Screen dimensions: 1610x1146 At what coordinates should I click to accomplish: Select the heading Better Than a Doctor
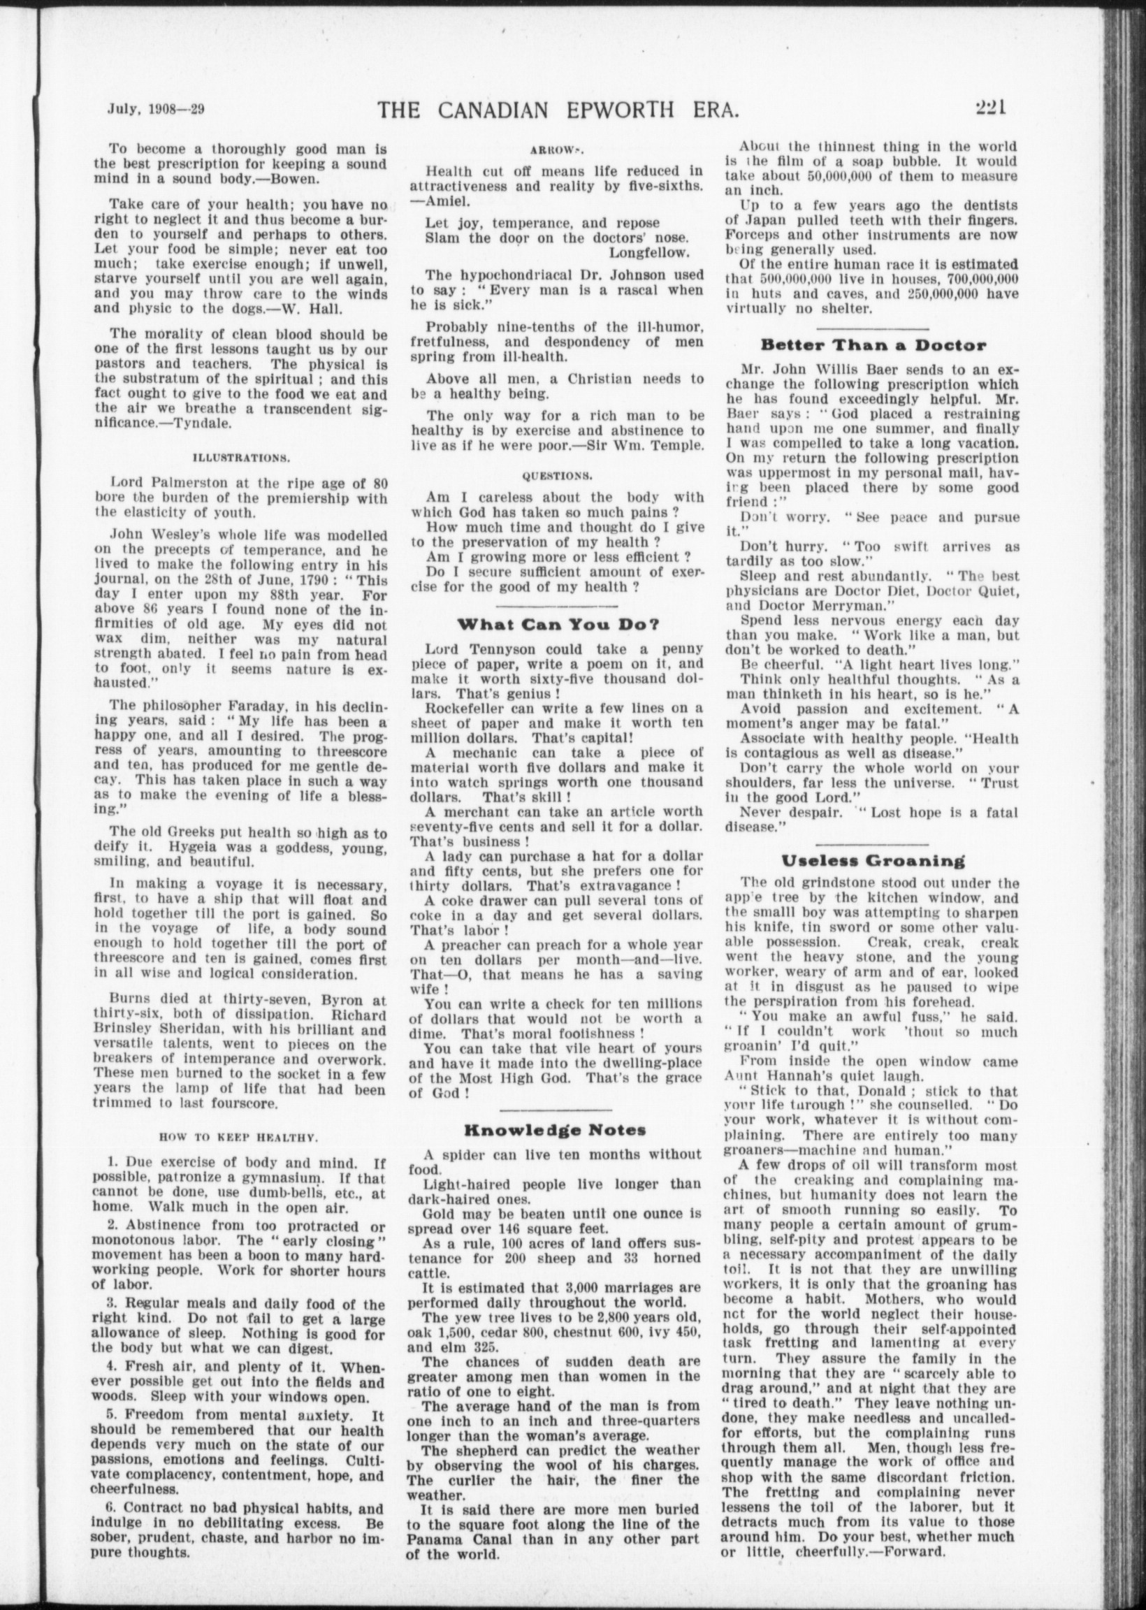(873, 345)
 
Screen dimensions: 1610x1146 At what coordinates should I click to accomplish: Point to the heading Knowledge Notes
(555, 1129)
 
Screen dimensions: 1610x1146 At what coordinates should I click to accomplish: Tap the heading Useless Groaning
(873, 860)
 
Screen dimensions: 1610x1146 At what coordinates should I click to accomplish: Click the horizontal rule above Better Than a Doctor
(873, 328)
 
